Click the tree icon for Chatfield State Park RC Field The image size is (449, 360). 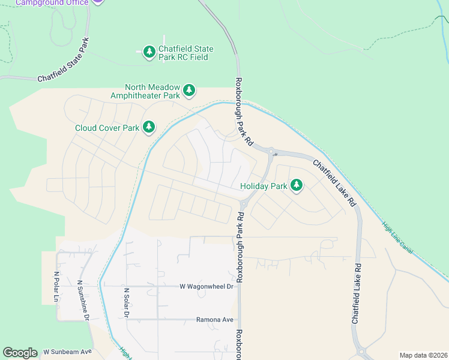(148, 53)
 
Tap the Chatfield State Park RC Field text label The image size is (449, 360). (186, 53)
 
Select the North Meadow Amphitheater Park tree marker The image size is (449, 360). (189, 91)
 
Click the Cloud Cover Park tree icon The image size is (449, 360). (148, 127)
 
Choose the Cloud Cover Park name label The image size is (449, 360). (107, 128)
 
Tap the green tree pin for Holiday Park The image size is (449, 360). (296, 186)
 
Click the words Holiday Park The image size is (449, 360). (264, 186)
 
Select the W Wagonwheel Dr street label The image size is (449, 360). (206, 287)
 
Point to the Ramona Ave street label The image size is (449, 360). (214, 320)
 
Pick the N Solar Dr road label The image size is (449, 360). (127, 303)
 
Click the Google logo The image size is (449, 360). (20, 353)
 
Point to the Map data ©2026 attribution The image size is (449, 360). (423, 355)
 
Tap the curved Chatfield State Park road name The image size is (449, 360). (63, 61)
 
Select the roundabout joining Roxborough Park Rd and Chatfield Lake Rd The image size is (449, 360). (271, 151)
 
